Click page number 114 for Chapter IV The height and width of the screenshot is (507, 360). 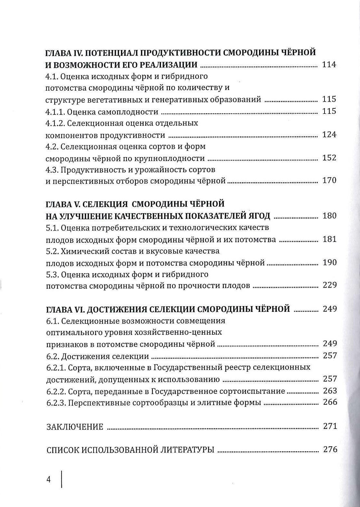(x=329, y=65)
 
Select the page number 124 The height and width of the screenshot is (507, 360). (x=329, y=134)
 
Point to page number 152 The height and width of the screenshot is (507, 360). (x=329, y=158)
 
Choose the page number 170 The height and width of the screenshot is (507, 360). (x=329, y=180)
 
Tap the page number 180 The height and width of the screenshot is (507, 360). (x=329, y=216)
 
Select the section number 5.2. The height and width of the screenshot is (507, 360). (x=52, y=251)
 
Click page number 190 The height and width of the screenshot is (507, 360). (x=329, y=263)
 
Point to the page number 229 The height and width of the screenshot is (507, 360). (x=329, y=285)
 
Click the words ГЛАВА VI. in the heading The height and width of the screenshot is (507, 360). (x=65, y=309)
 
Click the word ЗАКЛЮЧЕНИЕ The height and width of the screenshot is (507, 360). (x=75, y=427)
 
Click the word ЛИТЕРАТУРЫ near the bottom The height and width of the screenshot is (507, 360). (x=187, y=450)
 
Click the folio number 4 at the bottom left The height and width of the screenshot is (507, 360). (x=49, y=480)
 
